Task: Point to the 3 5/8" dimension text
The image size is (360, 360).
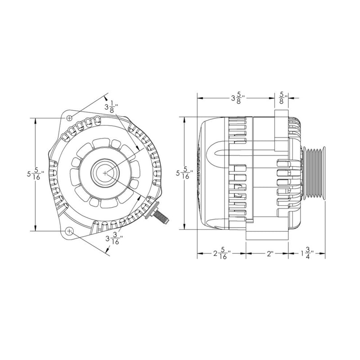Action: (x=237, y=97)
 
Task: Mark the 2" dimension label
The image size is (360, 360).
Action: (x=270, y=254)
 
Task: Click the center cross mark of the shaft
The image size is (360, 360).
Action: (x=105, y=173)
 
